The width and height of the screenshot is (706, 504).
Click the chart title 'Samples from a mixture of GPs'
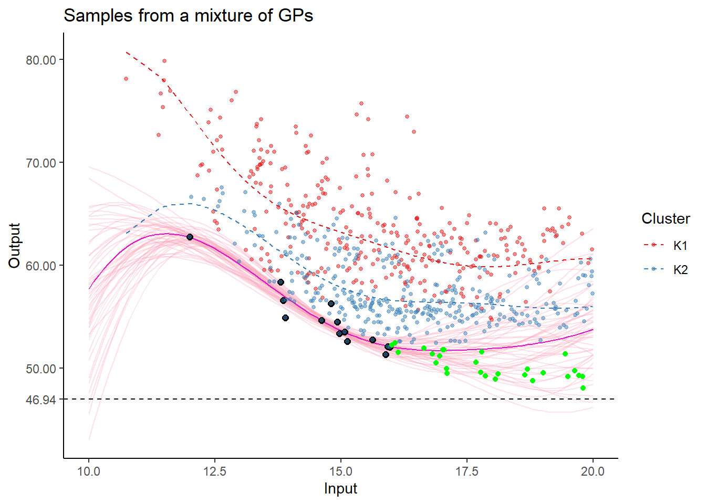(188, 16)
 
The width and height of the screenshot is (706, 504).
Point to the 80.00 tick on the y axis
(41, 60)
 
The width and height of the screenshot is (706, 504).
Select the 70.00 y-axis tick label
(41, 163)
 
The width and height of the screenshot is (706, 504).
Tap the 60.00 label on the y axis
(41, 266)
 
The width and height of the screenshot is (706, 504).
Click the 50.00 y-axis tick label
(41, 369)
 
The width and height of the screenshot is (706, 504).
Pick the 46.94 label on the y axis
(41, 400)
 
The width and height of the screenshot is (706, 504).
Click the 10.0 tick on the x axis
(89, 471)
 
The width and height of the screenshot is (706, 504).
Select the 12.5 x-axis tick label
(215, 471)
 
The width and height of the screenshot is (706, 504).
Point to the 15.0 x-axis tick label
(341, 471)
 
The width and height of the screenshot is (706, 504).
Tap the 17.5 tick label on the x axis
(467, 471)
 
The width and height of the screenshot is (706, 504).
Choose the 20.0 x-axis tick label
(593, 471)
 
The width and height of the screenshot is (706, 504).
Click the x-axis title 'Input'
(340, 488)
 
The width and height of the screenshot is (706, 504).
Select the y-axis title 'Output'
(14, 245)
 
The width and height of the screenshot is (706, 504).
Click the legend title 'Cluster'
(666, 218)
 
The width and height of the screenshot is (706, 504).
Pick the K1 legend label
(680, 245)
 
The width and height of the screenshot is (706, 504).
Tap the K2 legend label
(680, 269)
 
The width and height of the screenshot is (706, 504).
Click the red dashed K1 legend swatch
(653, 245)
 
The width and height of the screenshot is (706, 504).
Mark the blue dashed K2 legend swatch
(653, 269)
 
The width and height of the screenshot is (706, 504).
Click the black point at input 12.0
(190, 237)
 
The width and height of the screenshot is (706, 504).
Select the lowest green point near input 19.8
(583, 388)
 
